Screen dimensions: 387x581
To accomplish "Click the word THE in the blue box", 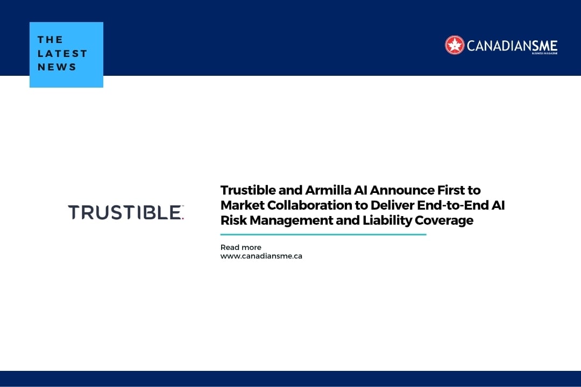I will click(51, 40).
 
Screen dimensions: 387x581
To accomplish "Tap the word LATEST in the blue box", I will click(62, 53).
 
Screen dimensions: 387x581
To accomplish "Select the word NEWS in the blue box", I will click(57, 67).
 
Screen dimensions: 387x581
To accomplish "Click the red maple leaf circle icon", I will click(455, 45).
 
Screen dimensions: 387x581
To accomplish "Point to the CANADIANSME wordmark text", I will click(512, 46).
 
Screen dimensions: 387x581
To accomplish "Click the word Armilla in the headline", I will click(324, 190).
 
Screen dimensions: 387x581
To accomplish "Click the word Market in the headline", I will click(240, 205).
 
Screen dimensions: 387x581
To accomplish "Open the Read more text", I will click(240, 247).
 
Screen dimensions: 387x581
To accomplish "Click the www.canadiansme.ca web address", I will click(261, 256).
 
